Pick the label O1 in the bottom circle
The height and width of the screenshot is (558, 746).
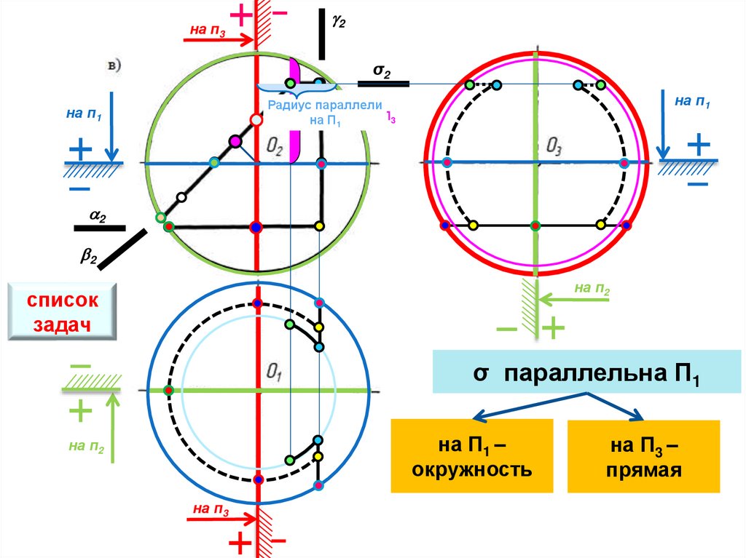click(274, 374)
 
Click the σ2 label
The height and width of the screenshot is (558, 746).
click(382, 71)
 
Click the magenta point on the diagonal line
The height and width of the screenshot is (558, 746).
click(235, 140)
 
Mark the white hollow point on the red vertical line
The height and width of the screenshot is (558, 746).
click(255, 119)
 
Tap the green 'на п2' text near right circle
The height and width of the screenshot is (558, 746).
click(592, 289)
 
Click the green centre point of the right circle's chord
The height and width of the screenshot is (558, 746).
click(535, 225)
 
